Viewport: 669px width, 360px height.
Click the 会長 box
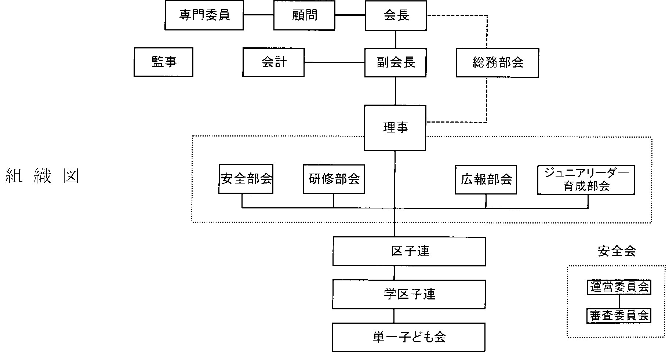coord(396,15)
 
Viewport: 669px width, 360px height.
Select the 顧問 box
coord(304,15)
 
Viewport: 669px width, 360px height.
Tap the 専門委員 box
coord(204,15)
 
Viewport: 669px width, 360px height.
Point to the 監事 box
coord(163,62)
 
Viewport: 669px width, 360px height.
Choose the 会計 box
coord(273,62)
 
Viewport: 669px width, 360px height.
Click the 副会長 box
coord(395,62)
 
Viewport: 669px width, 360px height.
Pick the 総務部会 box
coord(497,63)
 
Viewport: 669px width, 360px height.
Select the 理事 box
coord(395,128)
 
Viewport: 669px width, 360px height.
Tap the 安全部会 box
coord(246,179)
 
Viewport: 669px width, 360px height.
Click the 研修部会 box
coord(334,179)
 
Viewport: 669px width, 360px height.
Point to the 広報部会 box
coord(486,179)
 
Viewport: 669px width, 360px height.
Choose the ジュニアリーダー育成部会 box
coord(586,180)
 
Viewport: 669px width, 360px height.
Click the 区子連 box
coord(409,251)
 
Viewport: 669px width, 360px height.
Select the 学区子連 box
coord(409,294)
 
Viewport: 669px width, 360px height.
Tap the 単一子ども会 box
coord(409,337)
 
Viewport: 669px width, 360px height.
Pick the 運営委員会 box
coord(619,287)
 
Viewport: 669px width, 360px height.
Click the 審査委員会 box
coord(619,316)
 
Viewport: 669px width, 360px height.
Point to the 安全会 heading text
coord(617,251)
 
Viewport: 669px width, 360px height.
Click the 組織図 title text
coord(42,177)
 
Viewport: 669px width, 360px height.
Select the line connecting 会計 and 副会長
coord(334,62)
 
